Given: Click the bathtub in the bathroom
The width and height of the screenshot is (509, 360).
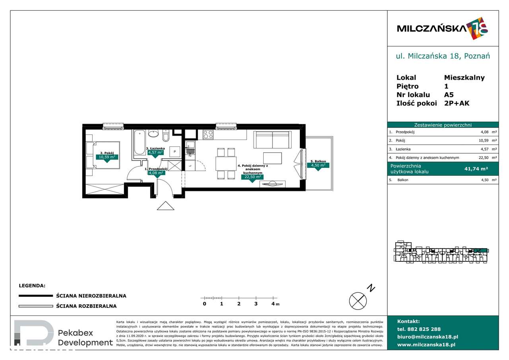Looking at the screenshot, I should (x=140, y=142).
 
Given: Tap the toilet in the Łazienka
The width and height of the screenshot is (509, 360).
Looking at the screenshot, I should (x=166, y=136).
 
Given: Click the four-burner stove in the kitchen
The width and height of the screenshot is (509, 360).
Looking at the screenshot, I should (x=208, y=134).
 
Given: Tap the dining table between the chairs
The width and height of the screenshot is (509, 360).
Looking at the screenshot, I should (x=226, y=163).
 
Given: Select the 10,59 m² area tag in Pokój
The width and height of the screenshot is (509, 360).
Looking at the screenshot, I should (x=107, y=157).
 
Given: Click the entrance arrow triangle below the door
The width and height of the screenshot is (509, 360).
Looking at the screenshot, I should (x=166, y=206).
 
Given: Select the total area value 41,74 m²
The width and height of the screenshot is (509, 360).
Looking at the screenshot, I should (x=476, y=169).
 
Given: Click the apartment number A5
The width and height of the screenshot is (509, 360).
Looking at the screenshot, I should (x=449, y=95).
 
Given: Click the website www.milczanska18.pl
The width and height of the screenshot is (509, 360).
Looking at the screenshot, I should (x=426, y=344).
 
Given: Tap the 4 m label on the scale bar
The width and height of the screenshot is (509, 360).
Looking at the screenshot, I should (x=275, y=304).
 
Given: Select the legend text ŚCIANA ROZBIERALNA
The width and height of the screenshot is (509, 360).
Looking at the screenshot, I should (x=86, y=306).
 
